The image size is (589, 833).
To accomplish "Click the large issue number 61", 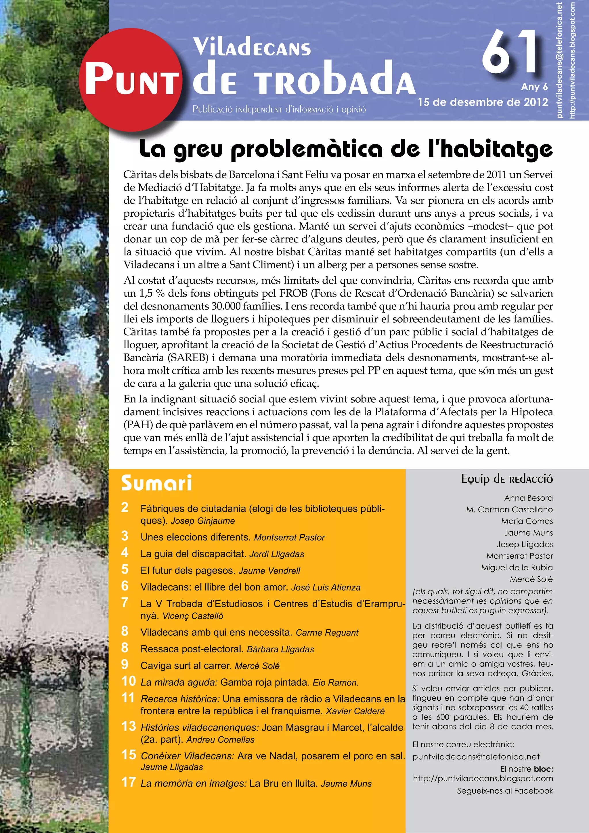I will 510,52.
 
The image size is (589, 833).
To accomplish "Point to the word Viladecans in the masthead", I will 252,47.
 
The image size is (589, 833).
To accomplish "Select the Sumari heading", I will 156,483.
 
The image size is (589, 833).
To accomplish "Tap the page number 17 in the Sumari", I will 128,782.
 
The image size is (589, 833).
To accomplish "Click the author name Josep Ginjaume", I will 203,521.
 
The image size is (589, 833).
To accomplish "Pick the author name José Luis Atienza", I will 326,587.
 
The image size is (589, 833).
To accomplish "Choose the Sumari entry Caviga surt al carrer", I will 186,666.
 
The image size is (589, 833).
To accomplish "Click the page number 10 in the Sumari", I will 128,681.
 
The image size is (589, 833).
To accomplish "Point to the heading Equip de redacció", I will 507,479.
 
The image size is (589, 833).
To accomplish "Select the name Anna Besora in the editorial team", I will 528,498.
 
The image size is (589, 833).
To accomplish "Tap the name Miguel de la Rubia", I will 517,568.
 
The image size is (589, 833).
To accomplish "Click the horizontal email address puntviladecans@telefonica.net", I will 476,757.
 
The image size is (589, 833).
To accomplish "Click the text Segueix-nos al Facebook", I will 505,791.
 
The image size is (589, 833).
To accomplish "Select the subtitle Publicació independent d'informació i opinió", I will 279,109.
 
